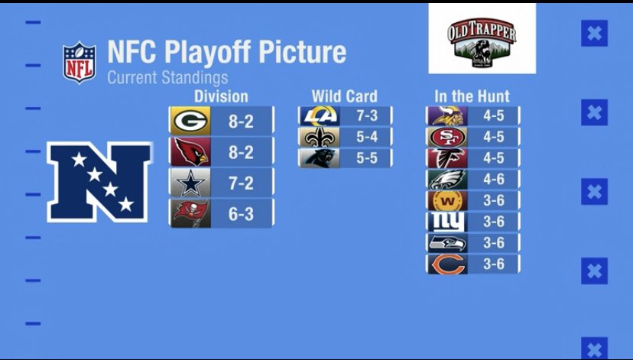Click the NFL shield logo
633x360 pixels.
click(79, 63)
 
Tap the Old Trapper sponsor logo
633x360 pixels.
click(482, 39)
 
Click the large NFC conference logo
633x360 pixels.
click(99, 182)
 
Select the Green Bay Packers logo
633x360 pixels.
click(189, 121)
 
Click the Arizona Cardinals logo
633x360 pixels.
click(189, 152)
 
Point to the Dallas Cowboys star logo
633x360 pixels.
click(189, 183)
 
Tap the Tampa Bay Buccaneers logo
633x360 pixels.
click(189, 214)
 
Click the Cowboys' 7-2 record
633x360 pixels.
click(241, 183)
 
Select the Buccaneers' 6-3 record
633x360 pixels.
click(241, 215)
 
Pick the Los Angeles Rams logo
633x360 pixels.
click(319, 115)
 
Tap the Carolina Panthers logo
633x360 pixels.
click(319, 158)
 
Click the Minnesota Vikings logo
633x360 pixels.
click(446, 115)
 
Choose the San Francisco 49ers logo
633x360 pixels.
click(446, 137)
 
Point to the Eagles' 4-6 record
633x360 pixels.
click(494, 180)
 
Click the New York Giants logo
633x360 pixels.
click(446, 222)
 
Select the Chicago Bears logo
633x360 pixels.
click(446, 264)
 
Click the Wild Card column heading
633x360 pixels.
click(344, 96)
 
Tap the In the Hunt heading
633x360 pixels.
click(472, 96)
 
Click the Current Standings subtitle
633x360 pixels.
click(167, 77)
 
